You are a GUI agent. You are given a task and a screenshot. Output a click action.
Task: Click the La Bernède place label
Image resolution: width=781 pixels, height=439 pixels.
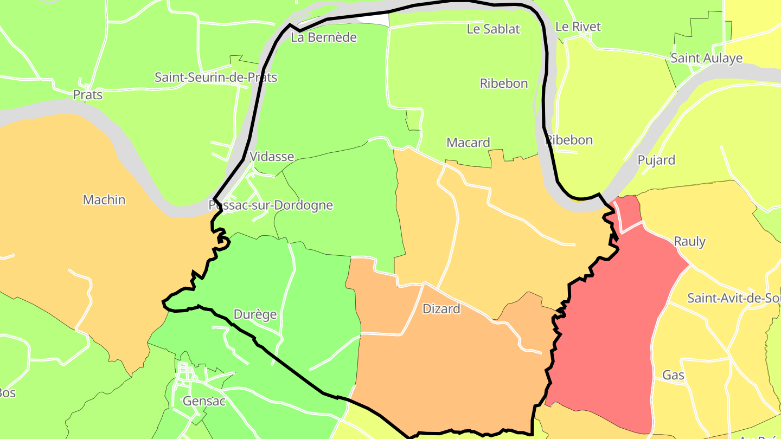(x=324, y=37)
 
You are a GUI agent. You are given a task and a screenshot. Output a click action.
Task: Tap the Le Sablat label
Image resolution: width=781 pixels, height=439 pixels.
(x=493, y=29)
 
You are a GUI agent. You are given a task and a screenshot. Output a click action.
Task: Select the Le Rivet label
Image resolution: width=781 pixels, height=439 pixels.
(x=578, y=27)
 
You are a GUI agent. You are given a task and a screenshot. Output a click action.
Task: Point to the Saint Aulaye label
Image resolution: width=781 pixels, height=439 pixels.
(x=706, y=58)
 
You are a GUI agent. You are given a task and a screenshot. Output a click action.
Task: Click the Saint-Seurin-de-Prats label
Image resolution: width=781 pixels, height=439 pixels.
(x=216, y=78)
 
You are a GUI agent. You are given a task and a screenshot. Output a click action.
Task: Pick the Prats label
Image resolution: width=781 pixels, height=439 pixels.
(x=88, y=95)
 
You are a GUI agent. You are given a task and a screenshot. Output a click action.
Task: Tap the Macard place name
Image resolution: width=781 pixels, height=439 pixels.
(x=468, y=143)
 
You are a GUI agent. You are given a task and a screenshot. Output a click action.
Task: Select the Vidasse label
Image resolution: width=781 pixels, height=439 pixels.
(x=272, y=157)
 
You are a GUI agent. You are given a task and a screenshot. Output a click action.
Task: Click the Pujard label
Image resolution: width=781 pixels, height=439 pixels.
(x=656, y=160)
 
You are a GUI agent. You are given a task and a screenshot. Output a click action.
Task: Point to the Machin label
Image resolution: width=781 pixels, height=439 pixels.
(x=104, y=200)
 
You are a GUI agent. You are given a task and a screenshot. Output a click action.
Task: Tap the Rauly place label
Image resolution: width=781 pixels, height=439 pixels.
(x=689, y=241)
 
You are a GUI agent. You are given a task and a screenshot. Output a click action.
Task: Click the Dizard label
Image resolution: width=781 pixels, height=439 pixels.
(x=441, y=309)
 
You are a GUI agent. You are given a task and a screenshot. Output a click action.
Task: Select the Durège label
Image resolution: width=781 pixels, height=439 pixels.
(x=255, y=314)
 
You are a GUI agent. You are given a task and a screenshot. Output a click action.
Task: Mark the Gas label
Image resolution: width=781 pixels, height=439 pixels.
(x=673, y=375)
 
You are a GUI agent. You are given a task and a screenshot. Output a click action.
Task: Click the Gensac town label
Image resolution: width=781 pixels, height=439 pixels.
(x=196, y=401)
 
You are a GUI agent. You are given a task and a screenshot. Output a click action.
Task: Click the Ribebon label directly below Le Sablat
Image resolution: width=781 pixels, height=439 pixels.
(x=504, y=83)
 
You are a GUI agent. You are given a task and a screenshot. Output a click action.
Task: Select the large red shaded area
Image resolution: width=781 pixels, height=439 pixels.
(x=607, y=336)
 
